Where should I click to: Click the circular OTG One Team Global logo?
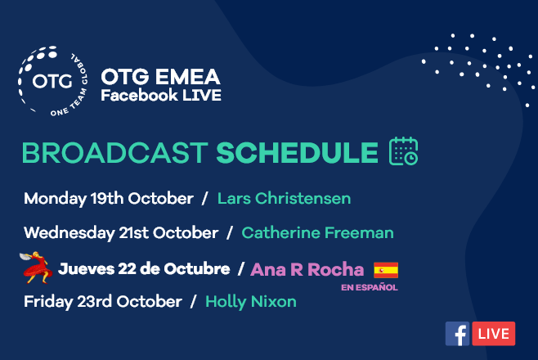[52, 81]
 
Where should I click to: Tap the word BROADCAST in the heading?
[115, 153]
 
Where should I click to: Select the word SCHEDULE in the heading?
[297, 153]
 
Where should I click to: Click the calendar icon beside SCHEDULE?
[404, 151]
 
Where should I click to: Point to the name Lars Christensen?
[284, 198]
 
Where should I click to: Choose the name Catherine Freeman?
[317, 232]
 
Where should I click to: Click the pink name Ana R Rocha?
[307, 269]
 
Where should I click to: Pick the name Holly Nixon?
[251, 302]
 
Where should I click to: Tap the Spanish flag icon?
[386, 270]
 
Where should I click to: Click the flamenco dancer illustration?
[36, 268]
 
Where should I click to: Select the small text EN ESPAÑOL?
[370, 287]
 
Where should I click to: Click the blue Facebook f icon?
[457, 334]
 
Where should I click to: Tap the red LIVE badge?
[493, 334]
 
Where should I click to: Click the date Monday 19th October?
[109, 199]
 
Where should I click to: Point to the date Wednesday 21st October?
[121, 233]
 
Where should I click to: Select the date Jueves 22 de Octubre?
[144, 269]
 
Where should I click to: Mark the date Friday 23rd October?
[103, 302]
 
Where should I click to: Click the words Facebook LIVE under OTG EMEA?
[161, 95]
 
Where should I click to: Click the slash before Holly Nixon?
[194, 302]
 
